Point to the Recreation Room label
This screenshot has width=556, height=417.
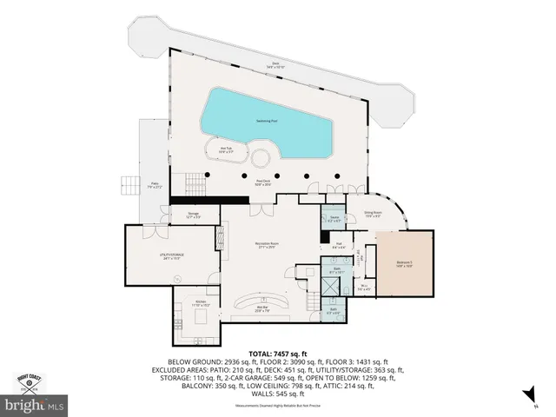[265, 246]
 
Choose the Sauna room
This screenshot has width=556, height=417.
[334, 220]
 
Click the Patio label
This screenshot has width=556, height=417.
[155, 185]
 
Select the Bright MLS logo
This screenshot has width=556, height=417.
[35, 405]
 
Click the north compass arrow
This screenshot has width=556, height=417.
[525, 397]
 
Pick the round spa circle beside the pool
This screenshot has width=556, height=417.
[259, 158]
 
